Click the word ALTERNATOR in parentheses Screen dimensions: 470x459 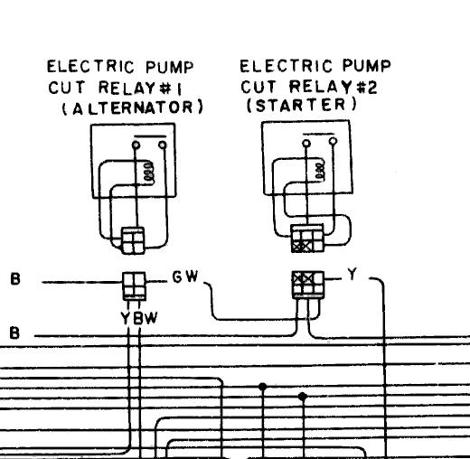tap(133, 108)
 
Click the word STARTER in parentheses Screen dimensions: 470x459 tap(302, 105)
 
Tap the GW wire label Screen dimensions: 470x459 tap(185, 276)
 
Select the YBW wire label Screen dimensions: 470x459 tap(139, 318)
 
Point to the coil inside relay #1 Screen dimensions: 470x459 tap(149, 173)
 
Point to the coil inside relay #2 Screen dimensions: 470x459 tap(320, 172)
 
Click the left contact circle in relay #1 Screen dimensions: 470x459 tap(136, 145)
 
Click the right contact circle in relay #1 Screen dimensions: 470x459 tap(163, 145)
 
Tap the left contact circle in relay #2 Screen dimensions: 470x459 tap(306, 144)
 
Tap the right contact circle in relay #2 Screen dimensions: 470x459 tap(333, 141)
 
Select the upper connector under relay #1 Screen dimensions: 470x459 tap(133, 240)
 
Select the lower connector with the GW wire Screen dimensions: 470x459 tap(135, 286)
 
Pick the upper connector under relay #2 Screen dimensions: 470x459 tap(307, 239)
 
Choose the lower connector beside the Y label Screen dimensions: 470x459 tap(308, 285)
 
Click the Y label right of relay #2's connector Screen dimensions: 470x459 tap(352, 274)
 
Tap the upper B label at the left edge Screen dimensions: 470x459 tap(15, 278)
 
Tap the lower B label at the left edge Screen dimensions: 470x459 tap(14, 333)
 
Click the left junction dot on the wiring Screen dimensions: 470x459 tap(263, 386)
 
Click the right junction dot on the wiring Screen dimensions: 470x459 tap(303, 397)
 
